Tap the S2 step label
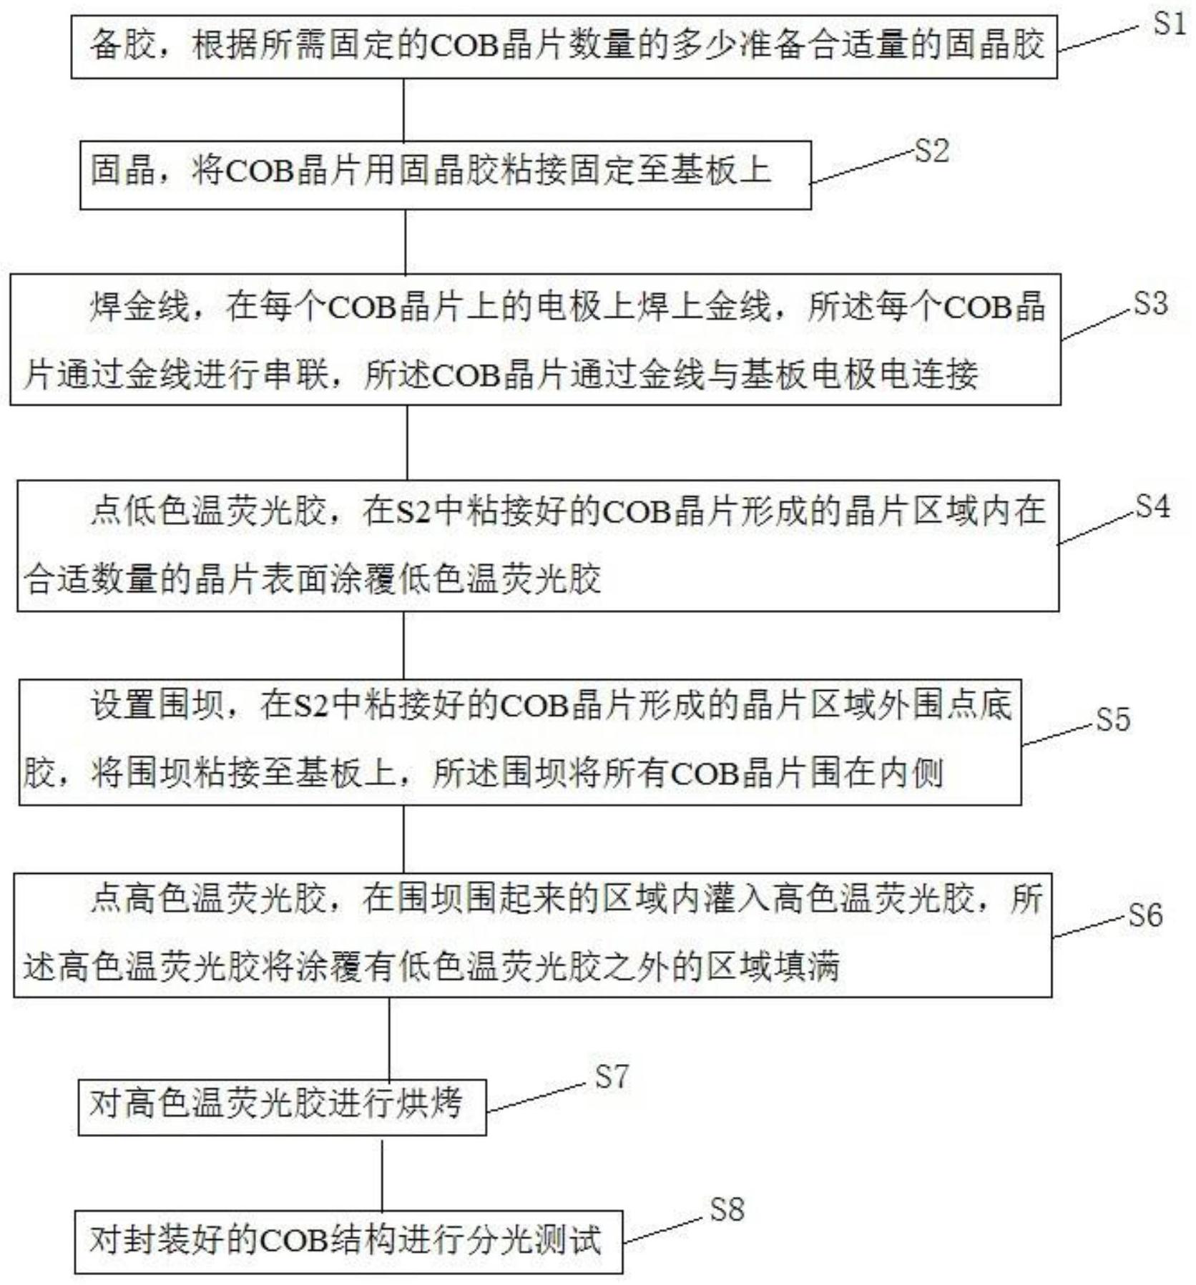point(931,151)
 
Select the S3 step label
point(1150,304)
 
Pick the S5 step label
point(1113,719)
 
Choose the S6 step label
point(1145,915)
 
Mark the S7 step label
point(612,1076)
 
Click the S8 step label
point(727,1209)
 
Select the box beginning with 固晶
point(446,174)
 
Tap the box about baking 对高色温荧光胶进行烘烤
point(282,1107)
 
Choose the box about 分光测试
point(348,1241)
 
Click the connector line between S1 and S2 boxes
point(403,109)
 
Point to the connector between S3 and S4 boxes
point(407,443)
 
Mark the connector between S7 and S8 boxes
point(382,1173)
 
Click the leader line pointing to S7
point(536,1098)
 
